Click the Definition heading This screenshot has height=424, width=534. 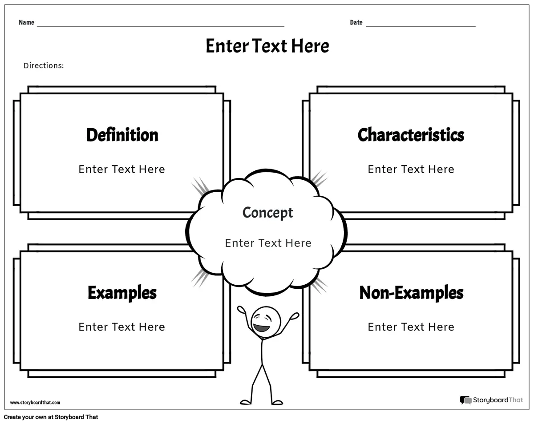click(122, 135)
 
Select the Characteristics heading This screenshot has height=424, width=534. click(411, 135)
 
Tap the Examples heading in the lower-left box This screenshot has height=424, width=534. click(122, 293)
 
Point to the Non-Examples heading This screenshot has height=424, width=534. click(411, 293)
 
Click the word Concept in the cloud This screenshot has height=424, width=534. click(268, 213)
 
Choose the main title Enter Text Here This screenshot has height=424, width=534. click(267, 46)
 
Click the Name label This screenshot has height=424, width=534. click(27, 22)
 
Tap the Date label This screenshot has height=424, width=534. click(356, 22)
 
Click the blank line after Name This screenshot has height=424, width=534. click(161, 26)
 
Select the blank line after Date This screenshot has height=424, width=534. click(421, 26)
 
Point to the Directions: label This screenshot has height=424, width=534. click(44, 65)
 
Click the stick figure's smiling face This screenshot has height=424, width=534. click(266, 322)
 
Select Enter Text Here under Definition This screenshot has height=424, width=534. click(122, 169)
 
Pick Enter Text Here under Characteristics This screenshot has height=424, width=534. click(411, 169)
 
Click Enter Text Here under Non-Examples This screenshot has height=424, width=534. click(411, 327)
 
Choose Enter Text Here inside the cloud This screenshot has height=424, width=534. click(268, 243)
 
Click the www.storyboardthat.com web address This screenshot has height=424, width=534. click(35, 402)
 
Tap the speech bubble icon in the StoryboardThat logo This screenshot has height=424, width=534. click(465, 400)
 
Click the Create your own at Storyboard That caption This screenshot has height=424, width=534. click(51, 417)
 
